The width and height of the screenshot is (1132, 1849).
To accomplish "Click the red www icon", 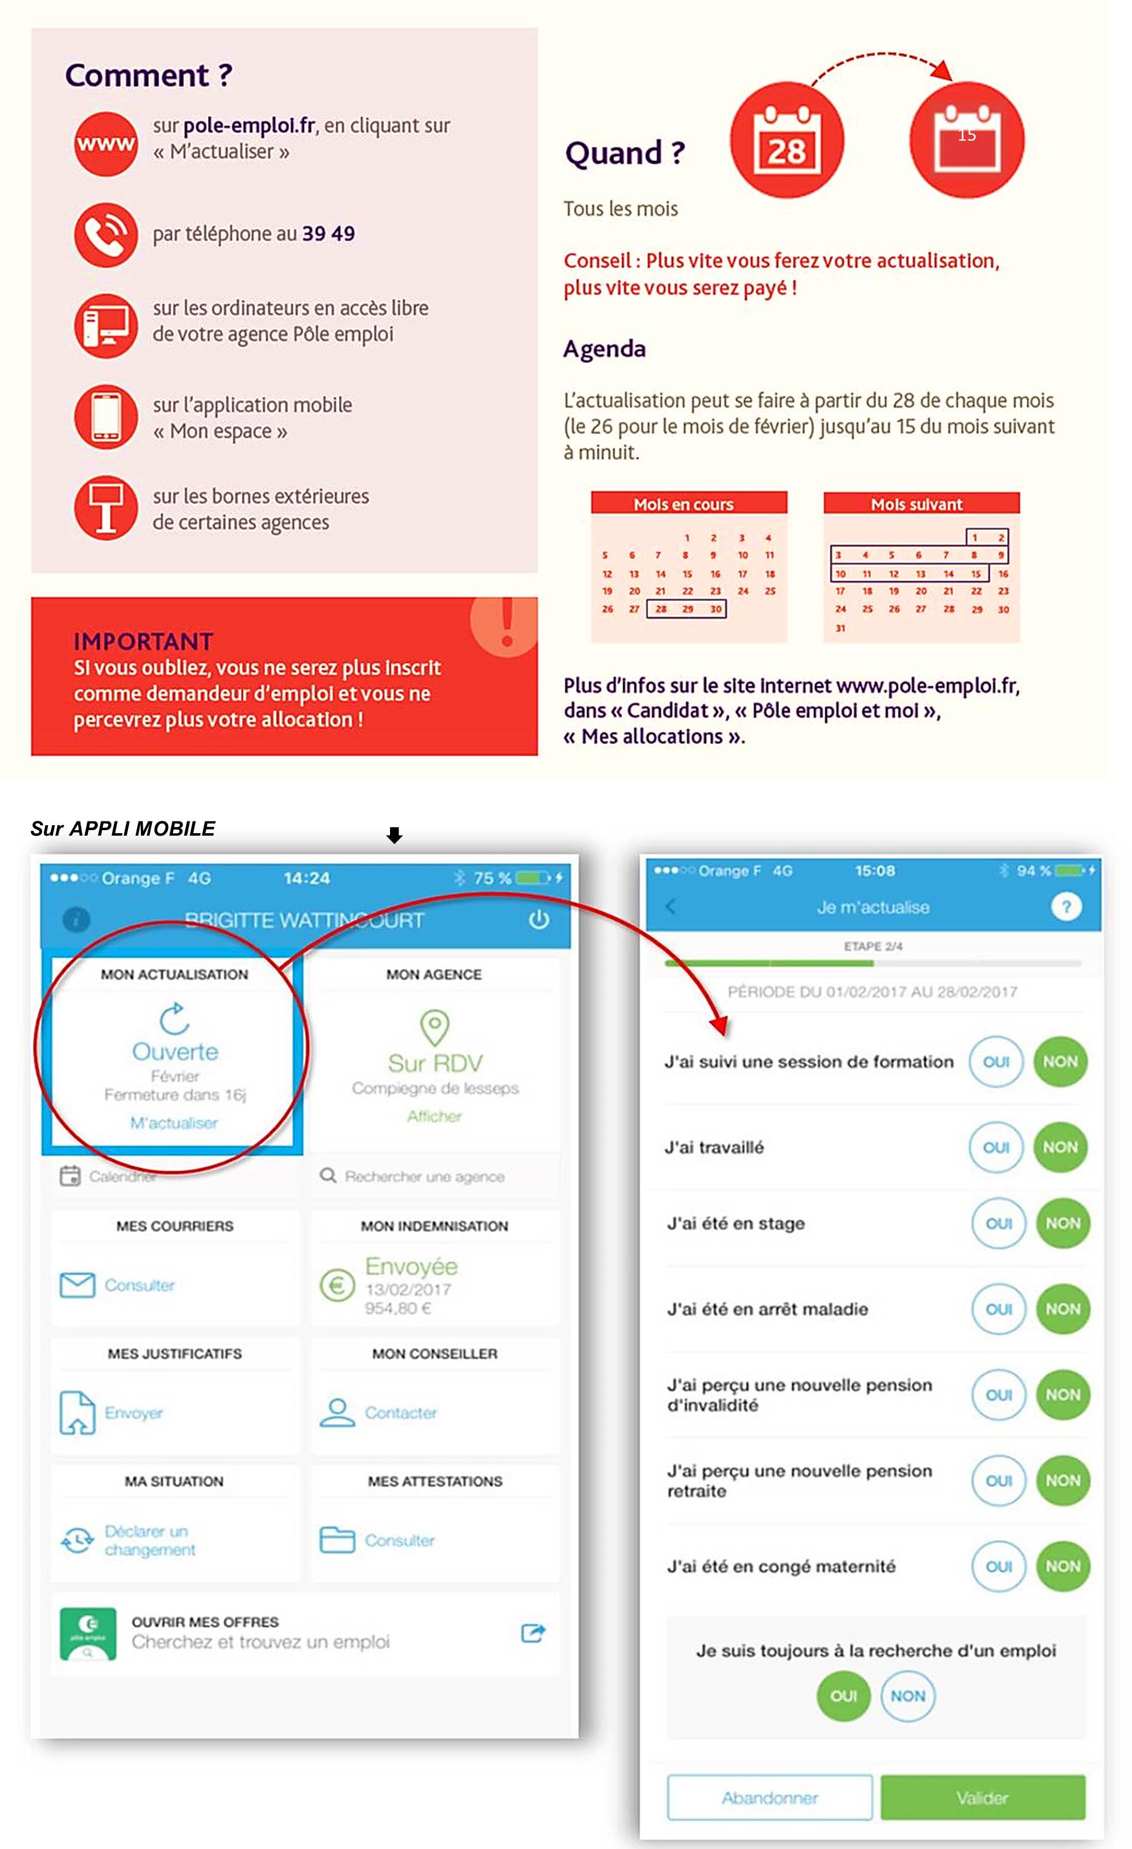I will click(x=106, y=143).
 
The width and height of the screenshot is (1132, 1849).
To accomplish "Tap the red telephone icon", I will click(x=106, y=235).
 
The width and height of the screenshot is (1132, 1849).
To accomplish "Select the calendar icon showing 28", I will click(x=787, y=140).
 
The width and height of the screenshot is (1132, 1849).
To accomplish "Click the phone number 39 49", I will click(x=328, y=234).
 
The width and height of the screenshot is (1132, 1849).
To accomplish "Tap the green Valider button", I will click(x=983, y=1797).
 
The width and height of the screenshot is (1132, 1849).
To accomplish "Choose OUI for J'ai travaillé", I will click(x=996, y=1147).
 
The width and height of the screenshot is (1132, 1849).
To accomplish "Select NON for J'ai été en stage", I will click(x=1063, y=1223).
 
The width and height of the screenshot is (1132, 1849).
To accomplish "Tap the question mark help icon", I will click(x=1066, y=906).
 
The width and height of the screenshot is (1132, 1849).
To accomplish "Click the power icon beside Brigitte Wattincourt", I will click(x=539, y=919).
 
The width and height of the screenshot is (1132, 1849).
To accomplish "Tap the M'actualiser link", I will click(x=174, y=1123).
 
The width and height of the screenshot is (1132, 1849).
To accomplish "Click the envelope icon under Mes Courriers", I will click(x=78, y=1285).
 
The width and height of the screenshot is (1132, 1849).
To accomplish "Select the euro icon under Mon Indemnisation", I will click(x=337, y=1285).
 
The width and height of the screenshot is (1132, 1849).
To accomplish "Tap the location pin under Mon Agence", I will click(x=434, y=1026).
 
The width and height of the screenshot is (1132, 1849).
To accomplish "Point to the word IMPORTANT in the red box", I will click(x=143, y=641).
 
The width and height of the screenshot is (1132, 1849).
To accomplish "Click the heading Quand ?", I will click(x=624, y=152).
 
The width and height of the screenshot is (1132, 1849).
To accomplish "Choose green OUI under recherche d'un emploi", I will click(x=843, y=1696).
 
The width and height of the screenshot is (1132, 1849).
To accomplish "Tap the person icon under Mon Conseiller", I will click(x=337, y=1412).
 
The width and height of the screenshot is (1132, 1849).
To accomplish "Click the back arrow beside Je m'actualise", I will click(x=671, y=906).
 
